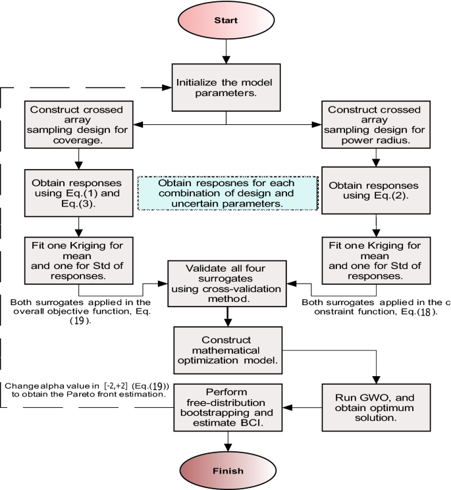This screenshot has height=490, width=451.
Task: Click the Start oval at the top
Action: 226,20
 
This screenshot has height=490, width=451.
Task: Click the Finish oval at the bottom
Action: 226,470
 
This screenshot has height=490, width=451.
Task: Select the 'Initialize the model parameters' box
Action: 226,86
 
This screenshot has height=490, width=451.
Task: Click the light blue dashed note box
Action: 227,193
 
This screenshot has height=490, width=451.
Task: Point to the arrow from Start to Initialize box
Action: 226,50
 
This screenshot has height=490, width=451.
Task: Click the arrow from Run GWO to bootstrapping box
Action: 300,408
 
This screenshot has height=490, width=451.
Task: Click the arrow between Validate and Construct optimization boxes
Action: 226,315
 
